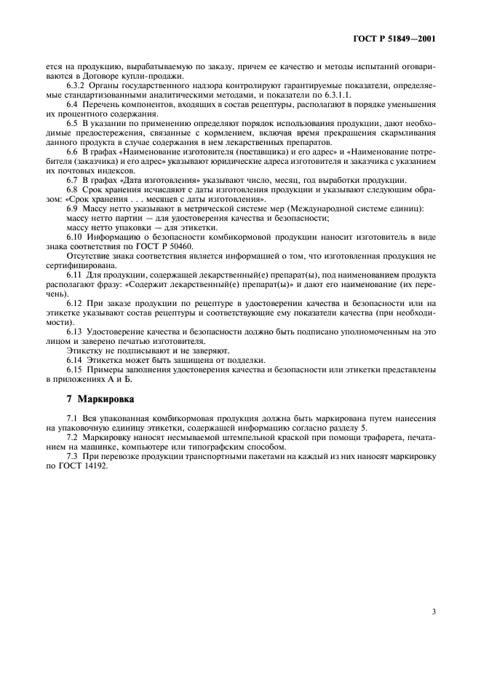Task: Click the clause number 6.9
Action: [x=72, y=209]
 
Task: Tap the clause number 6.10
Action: [x=74, y=238]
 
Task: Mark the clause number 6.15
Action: [x=74, y=369]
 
